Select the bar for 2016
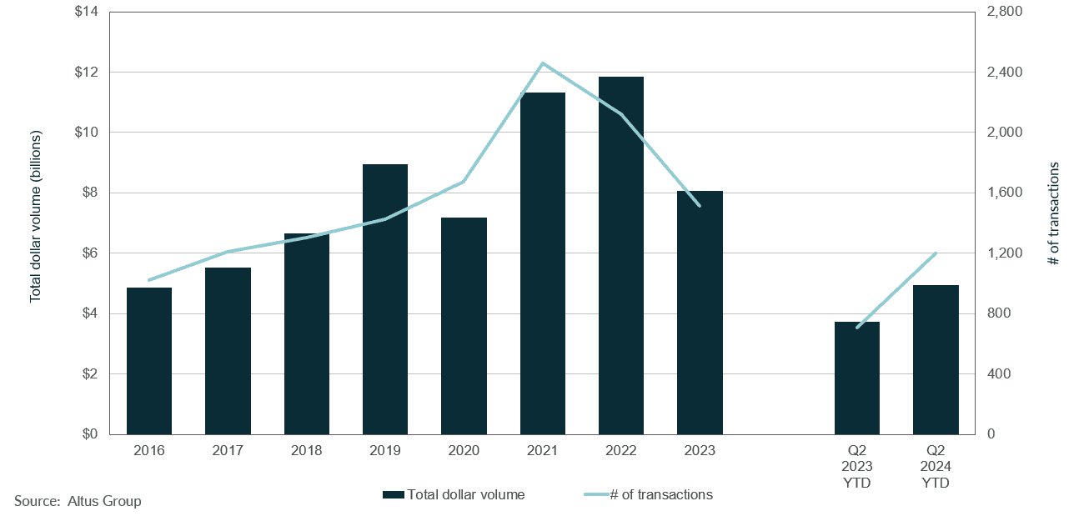pos(149,361)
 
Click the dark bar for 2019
pos(385,299)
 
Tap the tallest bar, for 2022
pos(621,255)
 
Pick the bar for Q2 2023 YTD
pos(857,378)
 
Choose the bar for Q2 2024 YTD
pos(936,359)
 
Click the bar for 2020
pos(464,326)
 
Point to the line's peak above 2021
pos(543,63)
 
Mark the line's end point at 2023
pos(700,206)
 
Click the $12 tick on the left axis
pos(87,73)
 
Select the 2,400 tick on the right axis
pos(1003,73)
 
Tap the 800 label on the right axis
pos(997,314)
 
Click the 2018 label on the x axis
pos(306,451)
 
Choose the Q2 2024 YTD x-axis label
pos(936,467)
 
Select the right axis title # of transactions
pos(1053,213)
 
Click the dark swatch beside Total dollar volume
pos(394,495)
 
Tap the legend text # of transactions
pos(661,494)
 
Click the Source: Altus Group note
pos(78,501)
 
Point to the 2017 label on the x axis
pos(228,451)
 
